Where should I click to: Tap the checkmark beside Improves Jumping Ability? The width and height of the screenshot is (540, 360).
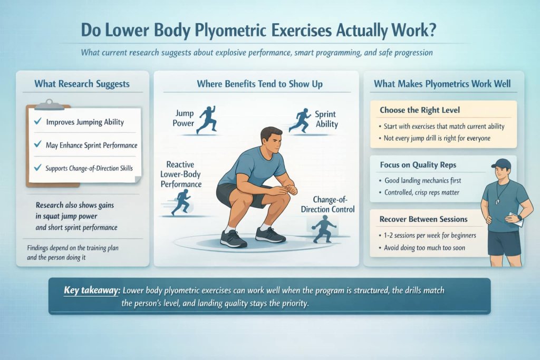(x=37, y=122)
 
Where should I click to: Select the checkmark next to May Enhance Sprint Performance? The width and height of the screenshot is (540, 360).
(x=37, y=144)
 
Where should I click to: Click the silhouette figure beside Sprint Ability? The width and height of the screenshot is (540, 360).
(x=302, y=120)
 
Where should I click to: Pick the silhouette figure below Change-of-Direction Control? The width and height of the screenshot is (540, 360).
(x=322, y=229)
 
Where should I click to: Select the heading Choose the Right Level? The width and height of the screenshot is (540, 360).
(x=420, y=111)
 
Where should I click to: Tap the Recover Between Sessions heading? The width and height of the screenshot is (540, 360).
(x=423, y=219)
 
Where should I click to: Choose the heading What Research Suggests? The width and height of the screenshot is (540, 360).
(x=82, y=83)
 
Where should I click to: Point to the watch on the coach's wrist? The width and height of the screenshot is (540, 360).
(x=519, y=217)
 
